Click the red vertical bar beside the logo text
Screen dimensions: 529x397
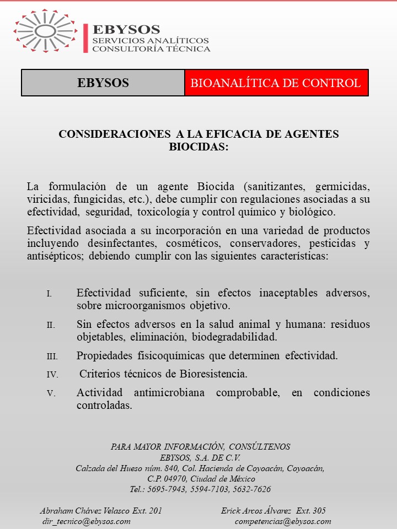(x=85, y=38)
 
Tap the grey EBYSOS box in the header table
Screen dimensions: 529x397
(x=103, y=83)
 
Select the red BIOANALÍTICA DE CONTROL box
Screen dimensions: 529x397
(x=276, y=83)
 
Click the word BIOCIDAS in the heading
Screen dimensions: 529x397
(x=198, y=147)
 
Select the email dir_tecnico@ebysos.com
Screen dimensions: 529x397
(x=87, y=521)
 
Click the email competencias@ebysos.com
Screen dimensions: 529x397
(x=283, y=521)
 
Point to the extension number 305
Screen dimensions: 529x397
(x=318, y=511)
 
